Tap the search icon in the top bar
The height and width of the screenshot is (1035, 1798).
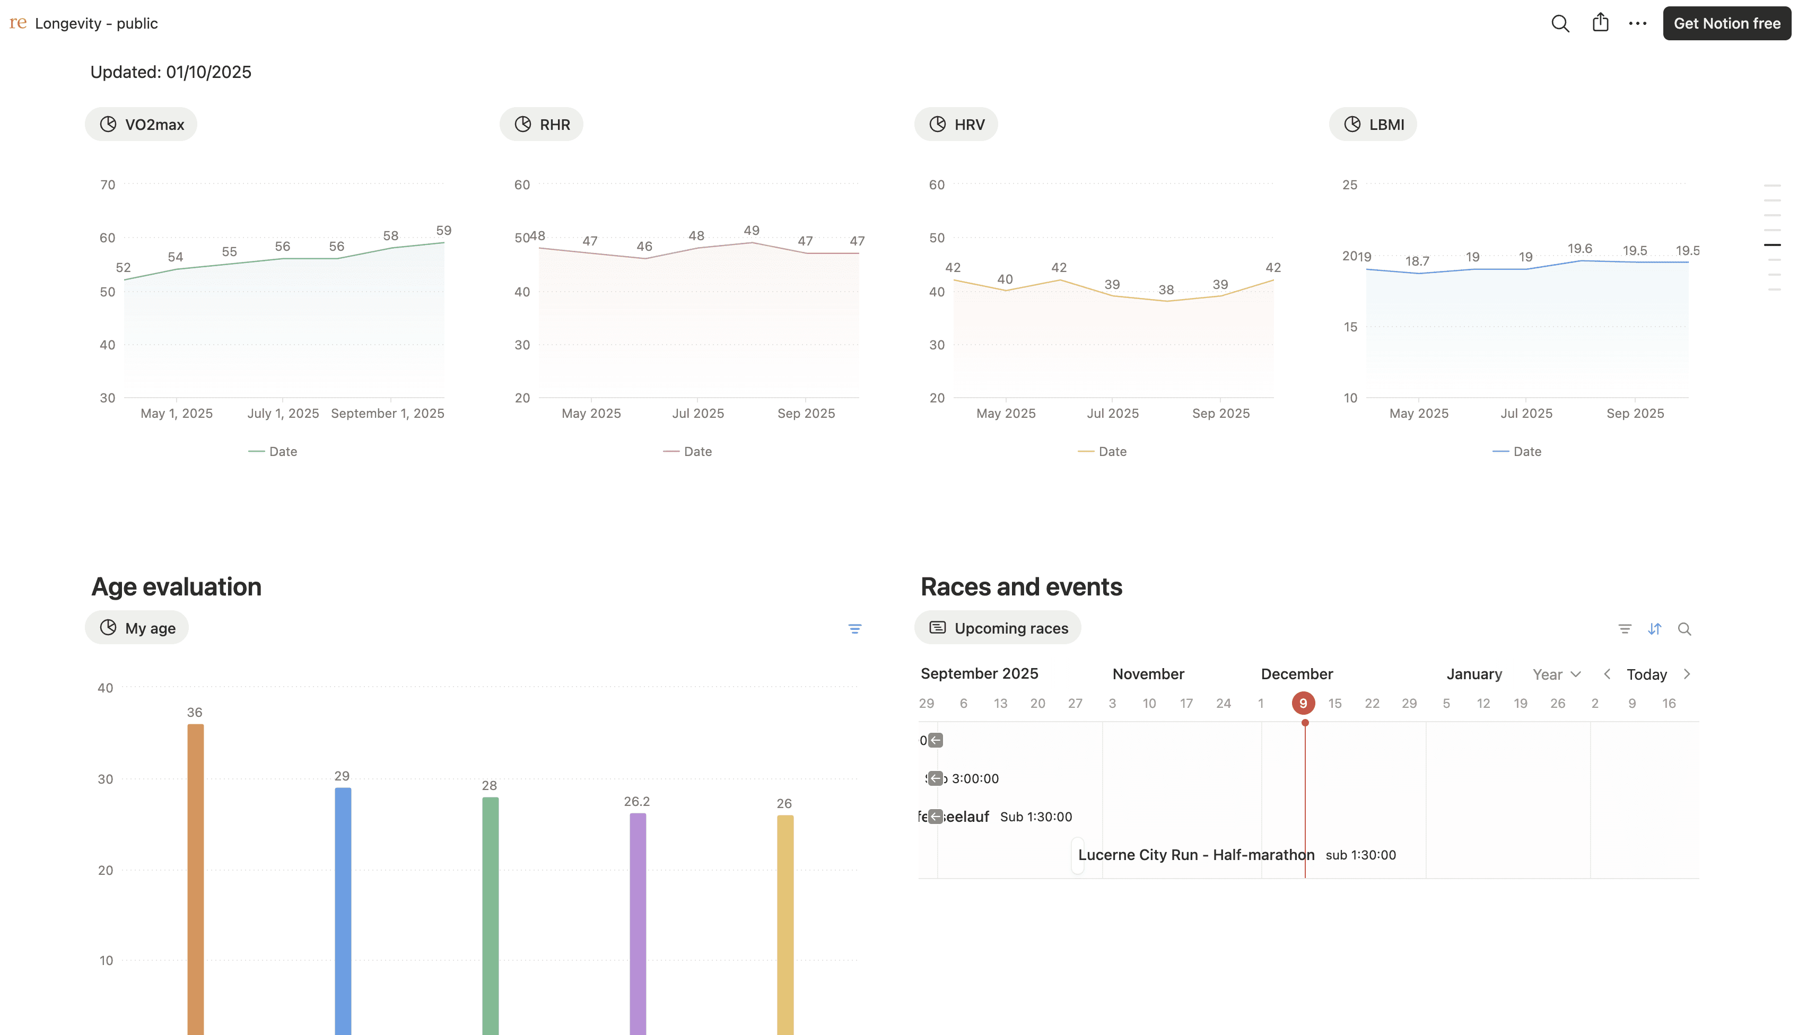pyautogui.click(x=1560, y=23)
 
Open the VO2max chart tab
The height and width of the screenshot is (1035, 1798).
pyautogui.click(x=142, y=125)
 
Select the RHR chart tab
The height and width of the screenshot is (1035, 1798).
pyautogui.click(x=542, y=125)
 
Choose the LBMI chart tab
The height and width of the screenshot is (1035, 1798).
pyautogui.click(x=1373, y=125)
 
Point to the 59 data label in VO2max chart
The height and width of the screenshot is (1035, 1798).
pyautogui.click(x=443, y=230)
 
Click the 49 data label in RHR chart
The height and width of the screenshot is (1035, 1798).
pyautogui.click(x=752, y=230)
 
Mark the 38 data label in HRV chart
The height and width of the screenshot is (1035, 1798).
pyautogui.click(x=1166, y=290)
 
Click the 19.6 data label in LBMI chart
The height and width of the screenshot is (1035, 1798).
pyautogui.click(x=1579, y=248)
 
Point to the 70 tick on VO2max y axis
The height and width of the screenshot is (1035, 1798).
pyautogui.click(x=107, y=185)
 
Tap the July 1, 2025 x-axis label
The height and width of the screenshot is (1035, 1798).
pyautogui.click(x=283, y=413)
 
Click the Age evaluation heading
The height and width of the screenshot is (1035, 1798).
pyautogui.click(x=176, y=586)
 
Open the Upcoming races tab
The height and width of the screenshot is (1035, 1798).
pyautogui.click(x=998, y=628)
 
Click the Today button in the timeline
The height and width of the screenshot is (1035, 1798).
pyautogui.click(x=1646, y=674)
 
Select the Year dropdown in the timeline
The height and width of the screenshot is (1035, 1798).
pyautogui.click(x=1556, y=674)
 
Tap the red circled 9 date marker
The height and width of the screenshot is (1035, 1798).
pyautogui.click(x=1303, y=703)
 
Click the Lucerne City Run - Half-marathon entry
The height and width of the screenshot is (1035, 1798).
pyautogui.click(x=1196, y=854)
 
